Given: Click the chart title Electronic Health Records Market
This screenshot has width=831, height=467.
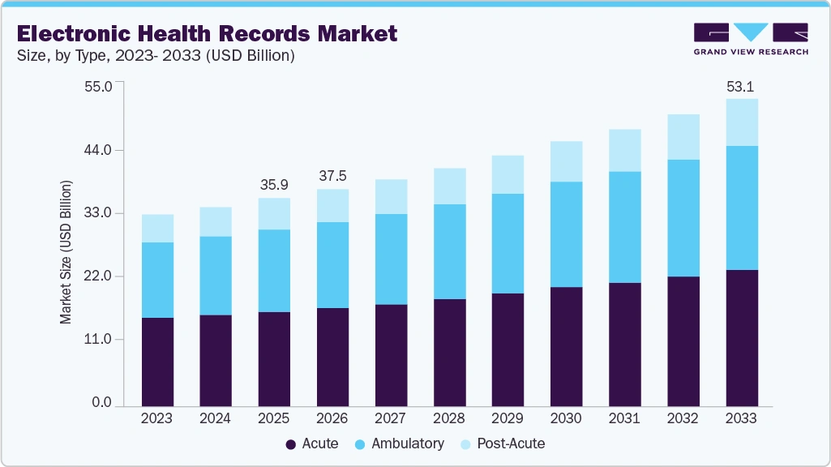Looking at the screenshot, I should click(x=207, y=33).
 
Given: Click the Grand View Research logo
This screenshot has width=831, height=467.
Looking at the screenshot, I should click(x=751, y=39).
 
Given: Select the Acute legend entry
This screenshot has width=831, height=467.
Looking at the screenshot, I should click(x=312, y=443).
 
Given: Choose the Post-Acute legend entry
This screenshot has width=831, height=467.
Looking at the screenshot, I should click(x=503, y=443).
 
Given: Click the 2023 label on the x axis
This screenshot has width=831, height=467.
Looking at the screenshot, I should click(x=157, y=418).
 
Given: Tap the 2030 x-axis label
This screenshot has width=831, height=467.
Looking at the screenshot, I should click(x=566, y=418).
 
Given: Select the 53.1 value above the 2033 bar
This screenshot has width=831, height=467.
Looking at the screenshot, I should click(x=741, y=87).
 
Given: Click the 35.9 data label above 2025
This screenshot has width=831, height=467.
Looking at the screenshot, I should click(x=274, y=186).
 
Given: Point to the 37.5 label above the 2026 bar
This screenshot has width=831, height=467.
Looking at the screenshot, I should click(x=332, y=177).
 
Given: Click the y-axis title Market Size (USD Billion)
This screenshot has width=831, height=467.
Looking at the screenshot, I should click(x=66, y=252).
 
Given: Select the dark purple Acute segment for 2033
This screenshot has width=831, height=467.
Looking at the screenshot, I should click(x=741, y=337).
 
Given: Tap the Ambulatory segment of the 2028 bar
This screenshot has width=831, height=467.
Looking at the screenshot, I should click(x=449, y=251).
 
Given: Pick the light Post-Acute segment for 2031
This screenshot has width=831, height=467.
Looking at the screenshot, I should click(x=624, y=150).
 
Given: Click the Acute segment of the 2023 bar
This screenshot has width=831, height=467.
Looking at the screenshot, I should click(x=157, y=362).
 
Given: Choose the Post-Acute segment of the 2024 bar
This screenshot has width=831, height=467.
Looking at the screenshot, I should click(x=216, y=221).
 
